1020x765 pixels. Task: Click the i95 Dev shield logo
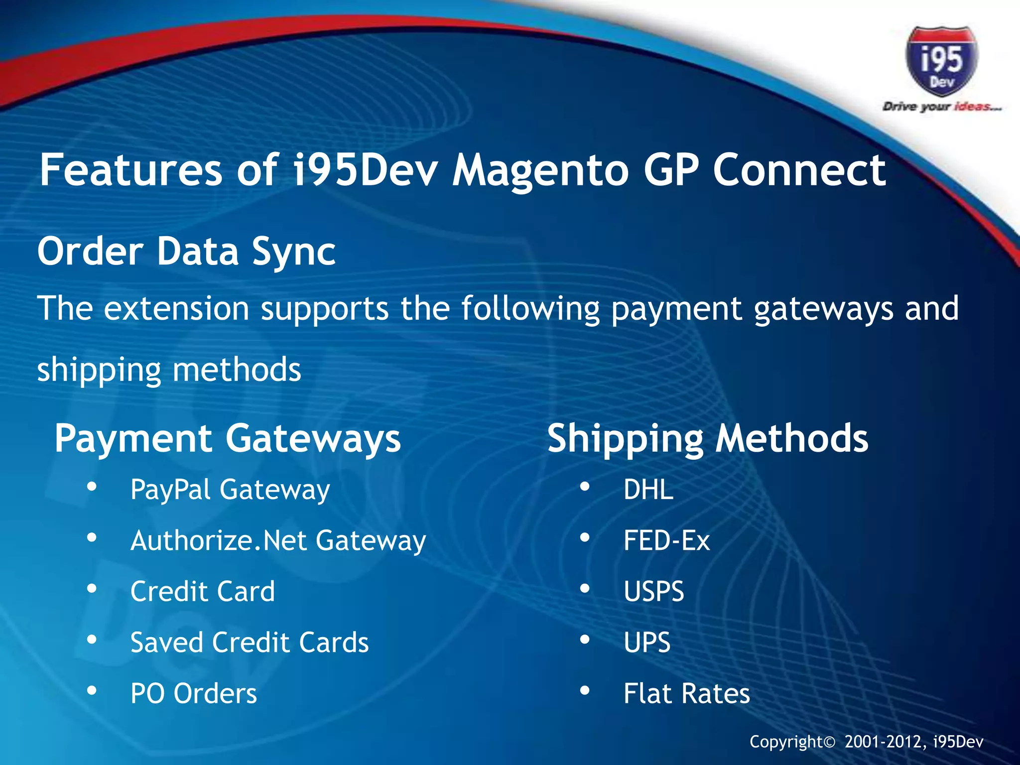coord(941,61)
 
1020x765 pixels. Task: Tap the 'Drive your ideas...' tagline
coord(941,107)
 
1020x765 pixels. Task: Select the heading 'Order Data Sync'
coord(186,252)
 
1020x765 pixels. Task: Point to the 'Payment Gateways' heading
coord(228,439)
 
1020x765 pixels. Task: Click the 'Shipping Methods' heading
coord(708,439)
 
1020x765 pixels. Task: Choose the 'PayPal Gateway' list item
coord(230,490)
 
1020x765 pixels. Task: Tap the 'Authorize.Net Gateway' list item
coord(278,541)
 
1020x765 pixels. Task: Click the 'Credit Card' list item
coord(202,592)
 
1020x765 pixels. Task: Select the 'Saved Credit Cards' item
coord(250,642)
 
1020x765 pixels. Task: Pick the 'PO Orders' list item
coord(194,693)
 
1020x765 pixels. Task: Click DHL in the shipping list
coord(648,490)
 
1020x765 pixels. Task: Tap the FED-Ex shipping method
coord(666,541)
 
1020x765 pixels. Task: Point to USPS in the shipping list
coord(654,592)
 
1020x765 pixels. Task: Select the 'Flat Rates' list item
coord(686,693)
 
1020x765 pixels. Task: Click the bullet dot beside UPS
coord(585,639)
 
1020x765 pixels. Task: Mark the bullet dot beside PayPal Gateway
coord(92,487)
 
